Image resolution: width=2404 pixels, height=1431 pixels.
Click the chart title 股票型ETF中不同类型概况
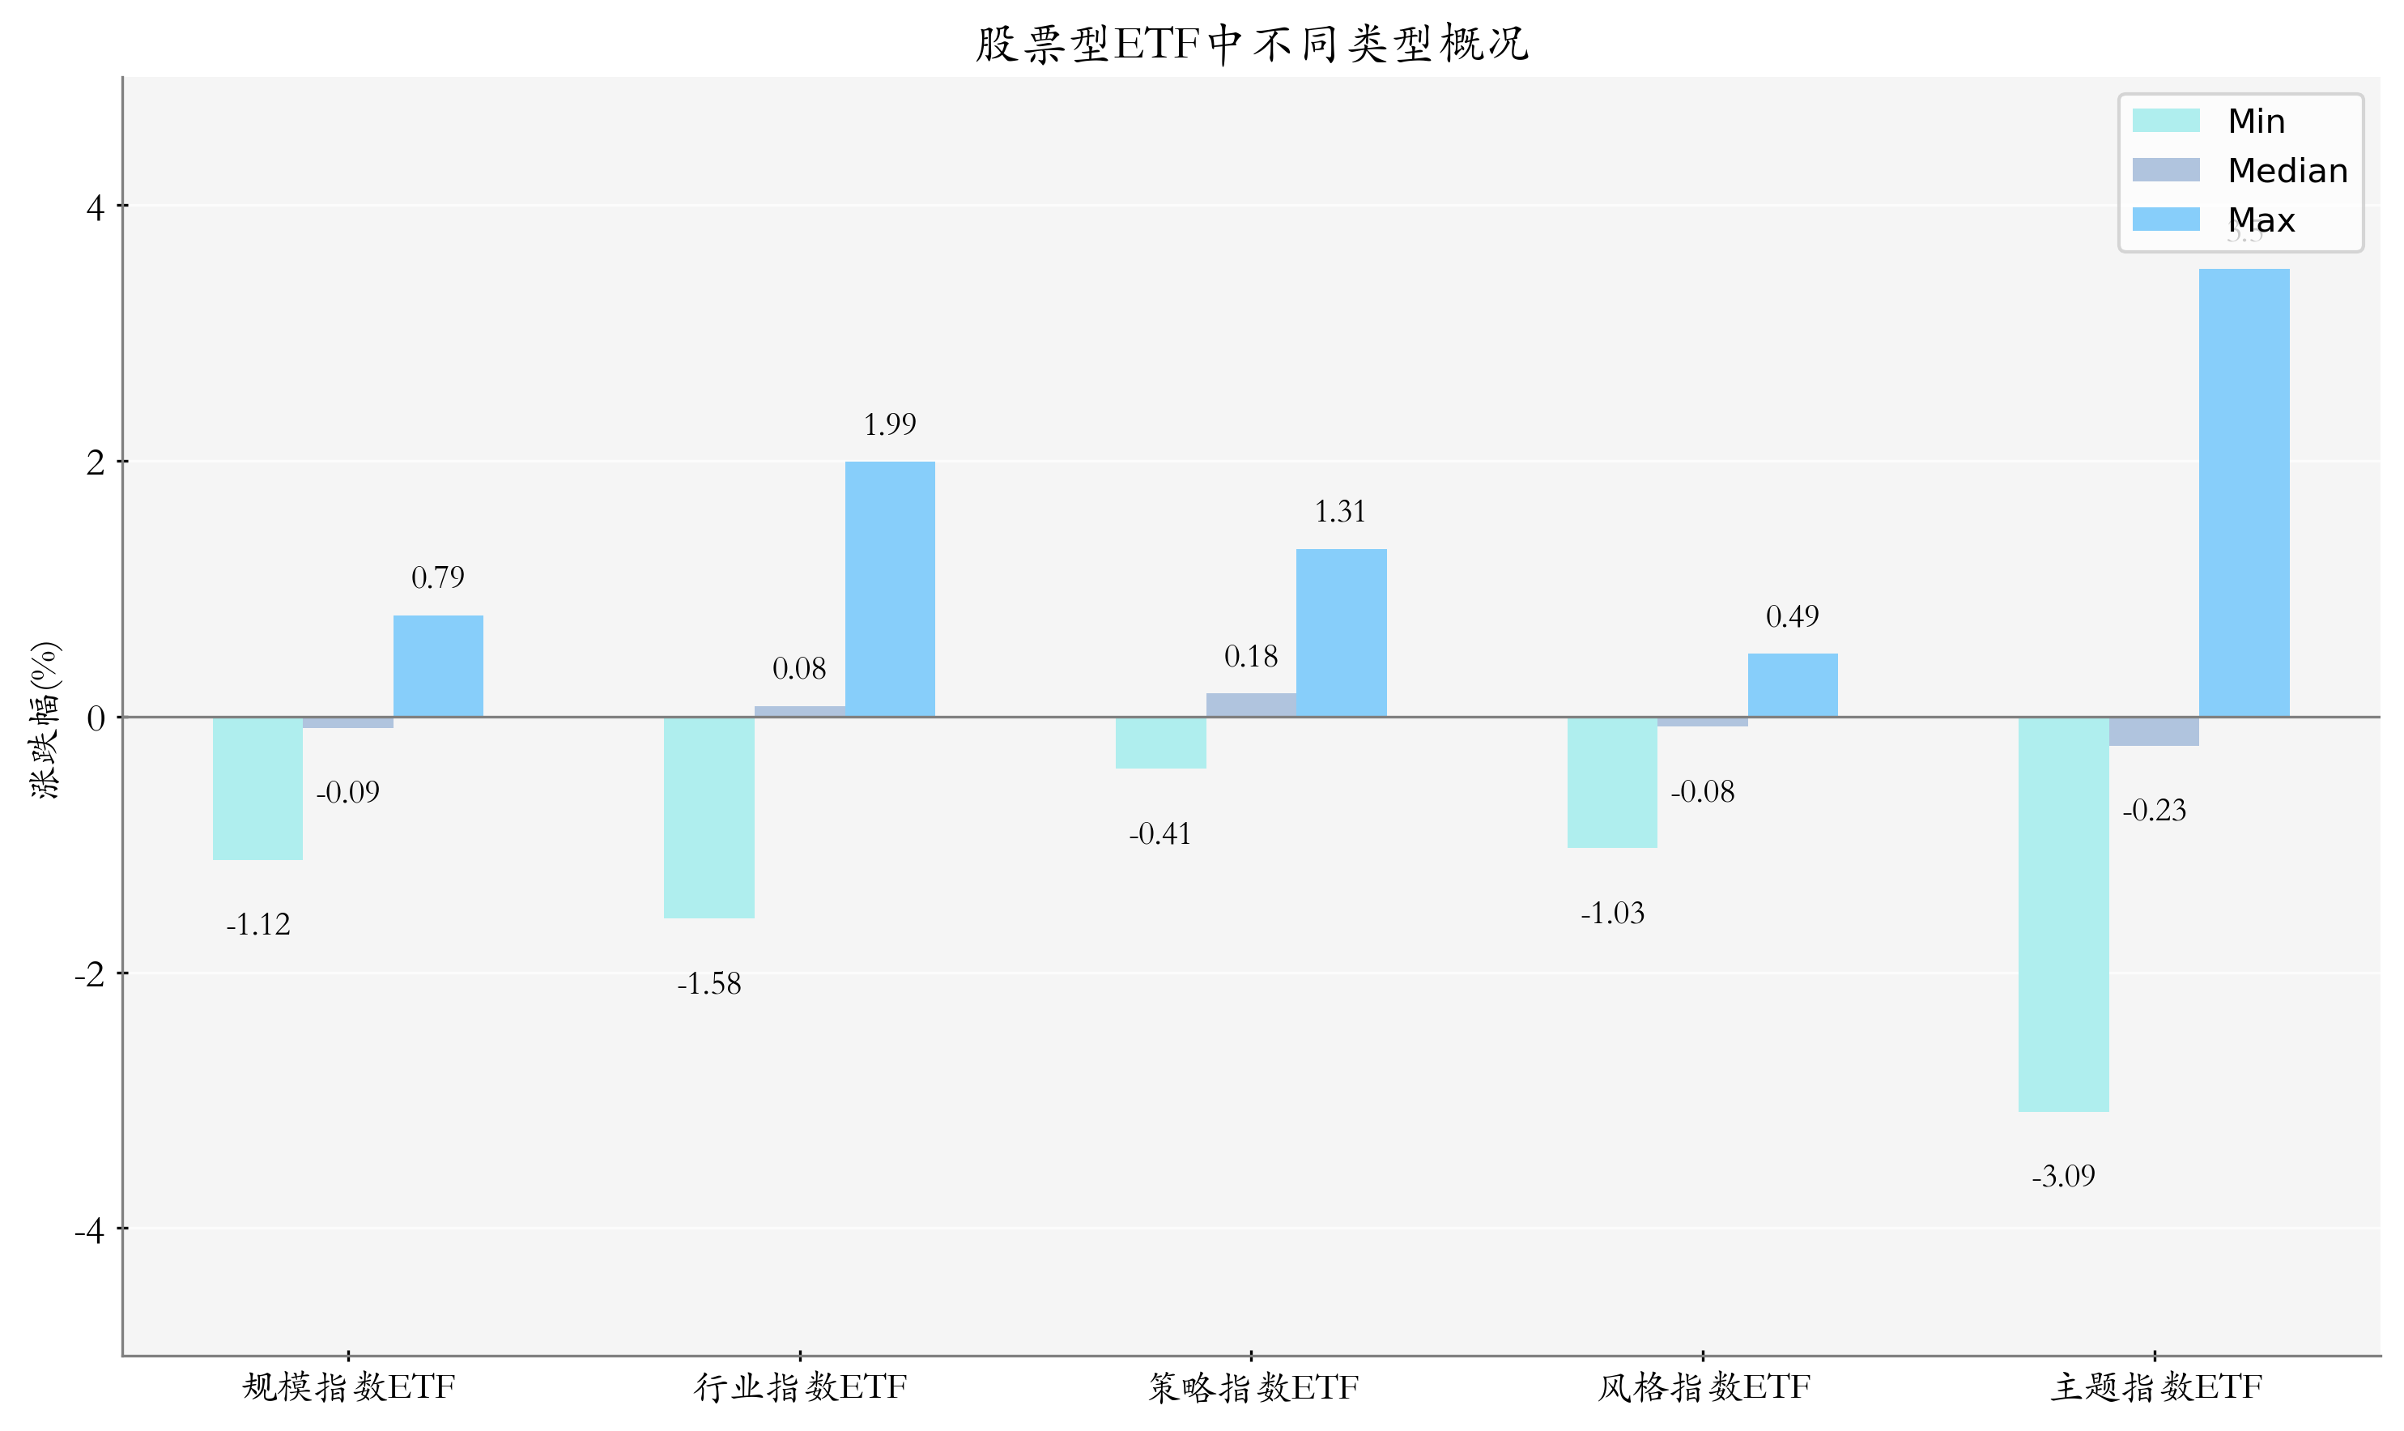tap(1251, 45)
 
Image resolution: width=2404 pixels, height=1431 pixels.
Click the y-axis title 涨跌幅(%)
tap(45, 719)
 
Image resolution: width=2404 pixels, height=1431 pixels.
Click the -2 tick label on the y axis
tap(90, 975)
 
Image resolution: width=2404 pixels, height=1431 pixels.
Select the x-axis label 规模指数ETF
tap(348, 1387)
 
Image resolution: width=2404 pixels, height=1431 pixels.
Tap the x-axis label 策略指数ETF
tap(1252, 1387)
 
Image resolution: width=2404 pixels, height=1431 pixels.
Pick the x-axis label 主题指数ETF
tap(2155, 1387)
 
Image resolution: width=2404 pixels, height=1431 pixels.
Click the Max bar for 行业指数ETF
tap(890, 590)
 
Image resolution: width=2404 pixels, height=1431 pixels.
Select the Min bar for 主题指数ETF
tap(2064, 914)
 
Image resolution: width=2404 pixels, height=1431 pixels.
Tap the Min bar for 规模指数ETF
tap(257, 789)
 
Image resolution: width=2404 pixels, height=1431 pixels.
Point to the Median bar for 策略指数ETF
tap(1251, 705)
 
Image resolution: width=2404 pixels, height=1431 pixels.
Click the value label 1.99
tap(890, 424)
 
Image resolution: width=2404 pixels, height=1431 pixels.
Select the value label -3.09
tap(2064, 1177)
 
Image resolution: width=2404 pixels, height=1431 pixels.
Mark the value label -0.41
tap(1159, 834)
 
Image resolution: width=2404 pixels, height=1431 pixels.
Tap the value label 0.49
tap(1792, 617)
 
